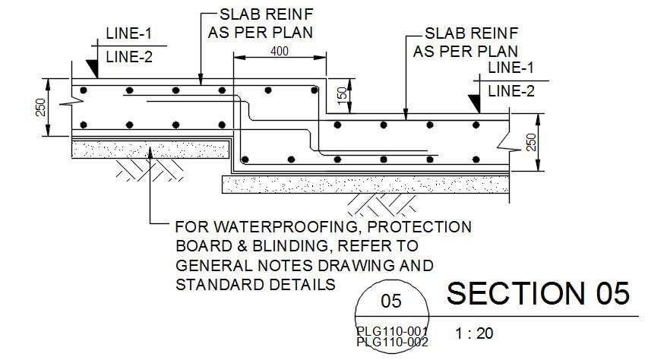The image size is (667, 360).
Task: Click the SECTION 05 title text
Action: (x=538, y=293)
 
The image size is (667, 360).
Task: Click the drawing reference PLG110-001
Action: (x=392, y=331)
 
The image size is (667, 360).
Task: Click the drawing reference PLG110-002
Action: (x=392, y=342)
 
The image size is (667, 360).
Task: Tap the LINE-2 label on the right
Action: (x=511, y=92)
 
